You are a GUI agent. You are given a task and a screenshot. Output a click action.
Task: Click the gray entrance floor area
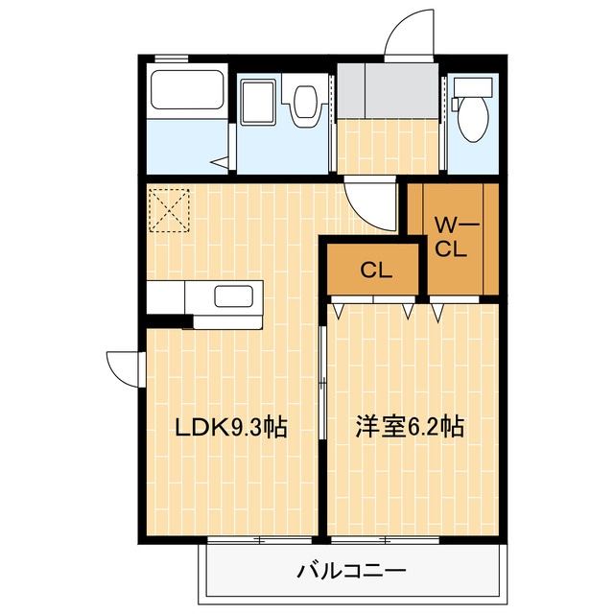pyautogui.click(x=390, y=92)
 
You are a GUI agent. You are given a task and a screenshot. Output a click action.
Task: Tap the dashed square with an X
pyautogui.click(x=170, y=210)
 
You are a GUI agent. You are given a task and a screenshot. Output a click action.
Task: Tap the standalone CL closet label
pyautogui.click(x=375, y=271)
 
